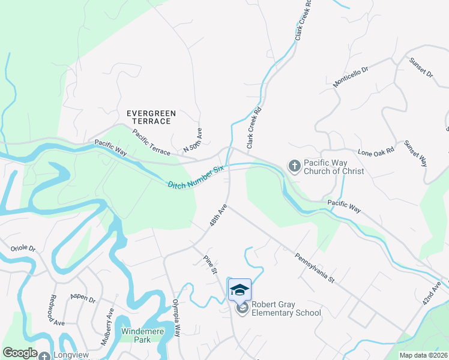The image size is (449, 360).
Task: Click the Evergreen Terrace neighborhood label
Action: click(x=148, y=117)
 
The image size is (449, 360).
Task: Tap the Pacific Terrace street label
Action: click(x=152, y=143)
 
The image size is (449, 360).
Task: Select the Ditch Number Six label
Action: click(x=195, y=177)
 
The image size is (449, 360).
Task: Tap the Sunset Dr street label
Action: click(x=421, y=67)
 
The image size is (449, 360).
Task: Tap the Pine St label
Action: click(x=209, y=264)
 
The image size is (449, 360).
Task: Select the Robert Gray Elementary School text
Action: click(x=286, y=308)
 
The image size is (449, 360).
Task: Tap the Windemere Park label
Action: click(x=142, y=335)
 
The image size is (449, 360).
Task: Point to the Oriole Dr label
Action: click(x=23, y=248)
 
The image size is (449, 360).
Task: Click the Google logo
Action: click(x=20, y=353)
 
